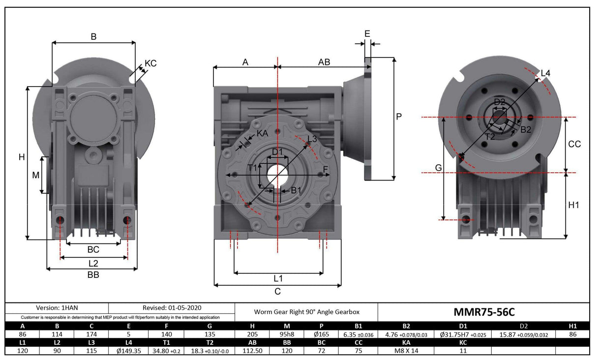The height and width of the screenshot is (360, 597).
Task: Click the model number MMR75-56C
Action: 483,312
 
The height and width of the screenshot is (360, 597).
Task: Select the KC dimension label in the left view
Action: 150,63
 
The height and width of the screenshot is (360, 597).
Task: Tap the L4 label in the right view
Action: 545,73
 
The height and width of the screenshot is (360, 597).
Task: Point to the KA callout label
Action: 262,133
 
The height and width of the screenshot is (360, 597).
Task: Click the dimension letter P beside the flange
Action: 399,117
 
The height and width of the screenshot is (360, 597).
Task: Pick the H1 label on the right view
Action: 573,205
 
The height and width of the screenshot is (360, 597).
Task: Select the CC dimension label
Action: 574,144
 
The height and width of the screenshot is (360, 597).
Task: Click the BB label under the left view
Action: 93,275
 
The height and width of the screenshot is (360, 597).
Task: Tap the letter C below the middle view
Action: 277,291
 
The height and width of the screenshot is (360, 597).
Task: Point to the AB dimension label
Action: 324,62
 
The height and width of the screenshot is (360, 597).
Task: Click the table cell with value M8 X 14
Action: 406,351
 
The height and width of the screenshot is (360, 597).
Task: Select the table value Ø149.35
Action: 129,351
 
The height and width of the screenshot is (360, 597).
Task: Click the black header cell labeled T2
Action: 209,342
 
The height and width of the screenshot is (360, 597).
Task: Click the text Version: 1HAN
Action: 57,308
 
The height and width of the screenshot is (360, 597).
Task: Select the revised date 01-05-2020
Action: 172,308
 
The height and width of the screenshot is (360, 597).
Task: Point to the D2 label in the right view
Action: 500,102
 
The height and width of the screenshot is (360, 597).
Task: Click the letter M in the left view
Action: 36,175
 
